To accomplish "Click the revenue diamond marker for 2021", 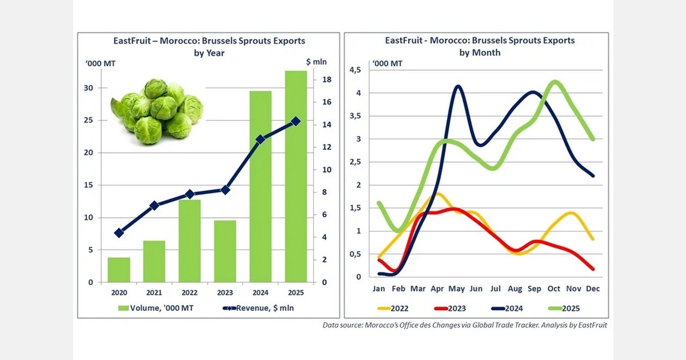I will click(x=154, y=205).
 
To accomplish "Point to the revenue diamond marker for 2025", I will click(x=295, y=121).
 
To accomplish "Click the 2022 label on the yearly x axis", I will click(x=189, y=293).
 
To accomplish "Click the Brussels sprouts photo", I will click(x=157, y=111).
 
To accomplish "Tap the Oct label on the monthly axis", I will click(x=554, y=289).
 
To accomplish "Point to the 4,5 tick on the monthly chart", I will click(x=355, y=70).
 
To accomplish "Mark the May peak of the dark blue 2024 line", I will click(x=458, y=87).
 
